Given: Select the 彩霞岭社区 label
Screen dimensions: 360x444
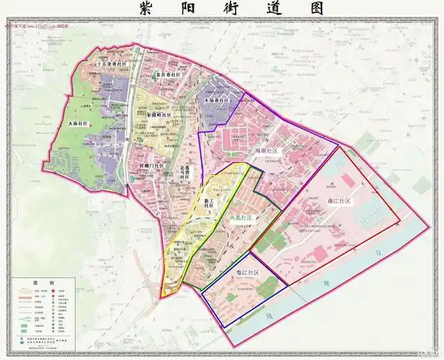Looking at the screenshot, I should (158, 114).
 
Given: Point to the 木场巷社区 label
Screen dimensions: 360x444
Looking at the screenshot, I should (216, 100).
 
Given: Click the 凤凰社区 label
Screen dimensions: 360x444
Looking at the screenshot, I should (241, 217).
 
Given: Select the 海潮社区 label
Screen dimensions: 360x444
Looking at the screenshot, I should (266, 150).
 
